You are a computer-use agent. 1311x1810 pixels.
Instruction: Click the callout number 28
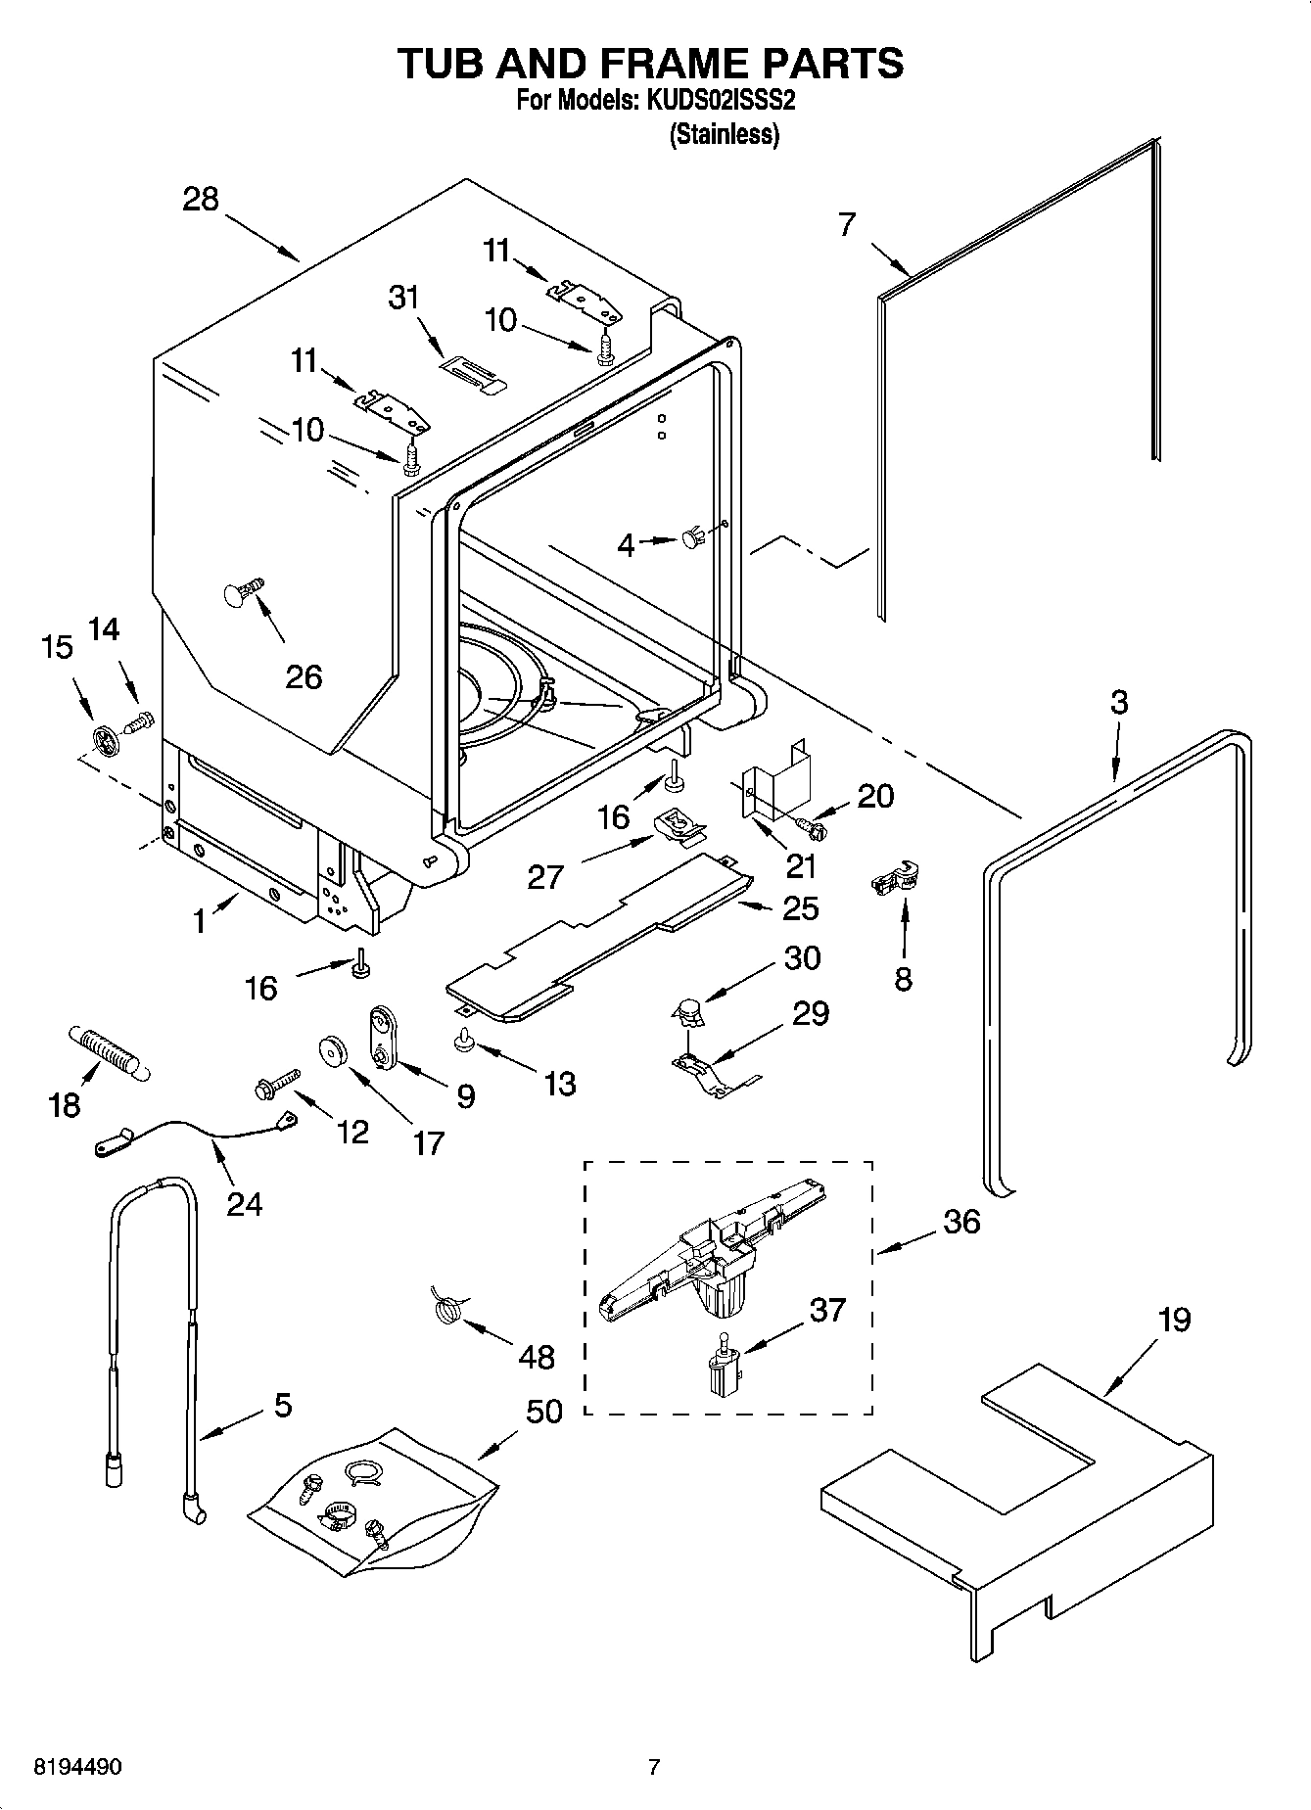coord(201,200)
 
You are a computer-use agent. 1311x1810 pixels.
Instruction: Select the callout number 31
coord(403,297)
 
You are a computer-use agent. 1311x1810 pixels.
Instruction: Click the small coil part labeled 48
coord(447,1308)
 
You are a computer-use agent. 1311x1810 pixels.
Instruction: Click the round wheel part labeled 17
coord(334,1052)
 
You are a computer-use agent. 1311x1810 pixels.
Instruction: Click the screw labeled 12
coord(275,1084)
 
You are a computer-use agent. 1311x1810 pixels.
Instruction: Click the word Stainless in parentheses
coord(724,136)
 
